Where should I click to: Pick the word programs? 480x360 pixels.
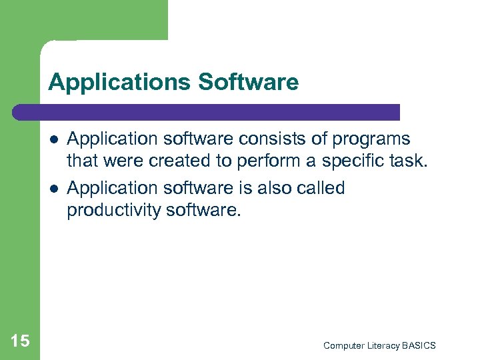[x=372, y=140]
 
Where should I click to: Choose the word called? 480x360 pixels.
[x=319, y=188]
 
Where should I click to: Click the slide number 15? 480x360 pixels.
[x=20, y=341]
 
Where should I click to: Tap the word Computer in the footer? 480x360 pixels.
[x=343, y=345]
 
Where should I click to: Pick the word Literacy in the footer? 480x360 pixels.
[x=382, y=345]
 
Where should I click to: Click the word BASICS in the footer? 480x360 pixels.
[x=419, y=345]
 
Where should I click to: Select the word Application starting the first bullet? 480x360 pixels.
[x=111, y=140]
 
